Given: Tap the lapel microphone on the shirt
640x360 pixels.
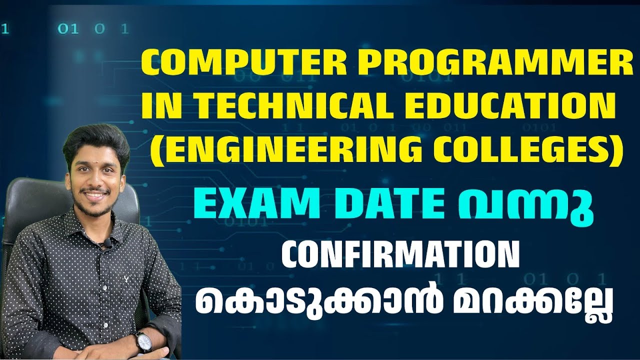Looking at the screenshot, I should pyautogui.click(x=106, y=244).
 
